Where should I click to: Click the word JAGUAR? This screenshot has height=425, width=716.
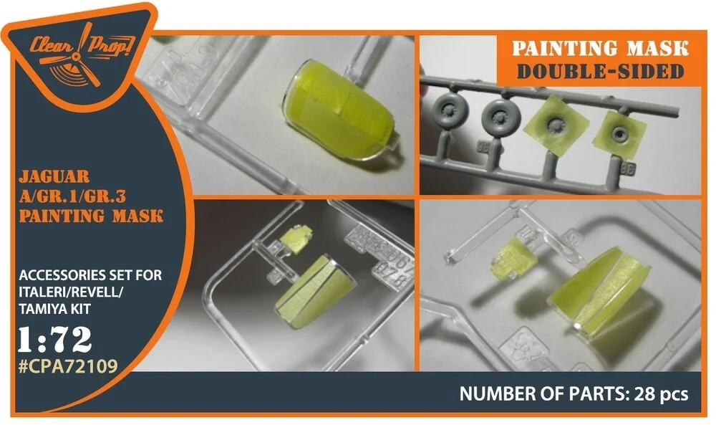pos(54,176)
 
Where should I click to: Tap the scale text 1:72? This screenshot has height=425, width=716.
pos(55,340)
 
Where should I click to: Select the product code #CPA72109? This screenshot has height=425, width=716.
pos(69,366)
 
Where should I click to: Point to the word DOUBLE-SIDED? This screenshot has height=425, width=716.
pos(601,71)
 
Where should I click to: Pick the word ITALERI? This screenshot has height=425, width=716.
pos(42,292)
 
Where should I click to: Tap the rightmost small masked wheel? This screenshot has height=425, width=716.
pos(619,133)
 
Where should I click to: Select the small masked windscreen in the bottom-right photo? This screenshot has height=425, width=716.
pos(513,259)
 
